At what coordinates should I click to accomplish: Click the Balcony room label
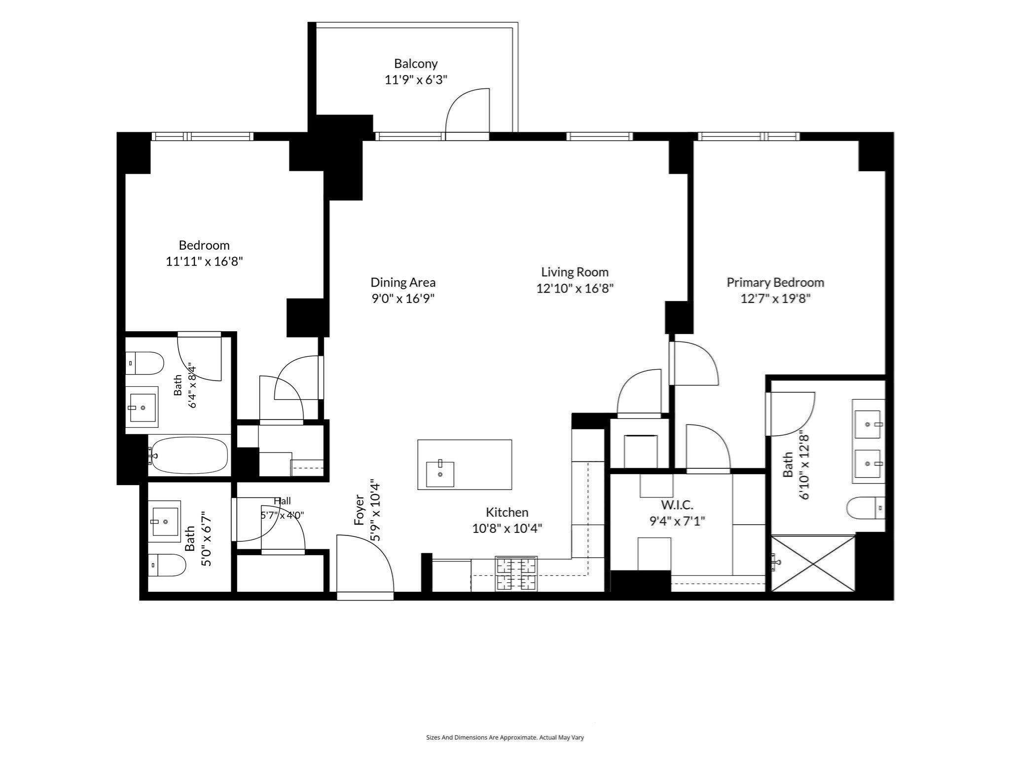click(x=416, y=64)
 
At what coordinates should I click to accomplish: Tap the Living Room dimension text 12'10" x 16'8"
click(x=575, y=288)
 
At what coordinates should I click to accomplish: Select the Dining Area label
click(x=403, y=282)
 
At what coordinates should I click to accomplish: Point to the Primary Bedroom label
click(x=775, y=282)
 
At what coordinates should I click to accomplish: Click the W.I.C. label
click(x=677, y=505)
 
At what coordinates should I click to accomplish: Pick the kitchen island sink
click(x=439, y=474)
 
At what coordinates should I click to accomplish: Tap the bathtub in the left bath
click(x=189, y=455)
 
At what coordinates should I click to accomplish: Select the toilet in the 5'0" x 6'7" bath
click(x=167, y=565)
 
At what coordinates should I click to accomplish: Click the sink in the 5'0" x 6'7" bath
click(x=165, y=521)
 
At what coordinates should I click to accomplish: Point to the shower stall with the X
click(x=813, y=563)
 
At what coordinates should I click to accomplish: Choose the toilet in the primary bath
click(x=866, y=508)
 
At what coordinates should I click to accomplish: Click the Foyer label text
click(x=359, y=510)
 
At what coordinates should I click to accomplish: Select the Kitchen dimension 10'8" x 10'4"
click(x=507, y=529)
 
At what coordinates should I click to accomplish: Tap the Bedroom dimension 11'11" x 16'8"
click(x=204, y=261)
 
